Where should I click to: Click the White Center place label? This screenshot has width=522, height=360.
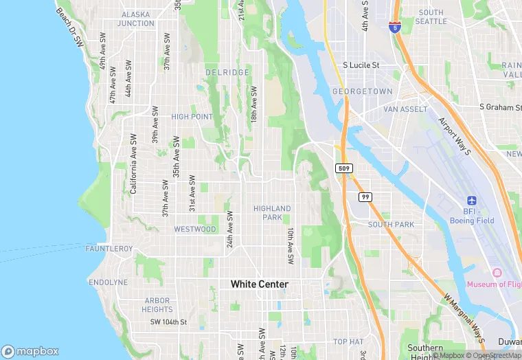click(x=260, y=284)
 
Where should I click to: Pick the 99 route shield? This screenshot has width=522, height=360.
click(x=365, y=197)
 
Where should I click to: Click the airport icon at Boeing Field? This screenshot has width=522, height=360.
click(x=471, y=200)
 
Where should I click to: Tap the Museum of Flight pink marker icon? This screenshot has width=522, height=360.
click(x=495, y=273)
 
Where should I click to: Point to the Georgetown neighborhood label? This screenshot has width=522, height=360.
click(x=362, y=91)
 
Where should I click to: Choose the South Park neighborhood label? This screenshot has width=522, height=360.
click(x=391, y=225)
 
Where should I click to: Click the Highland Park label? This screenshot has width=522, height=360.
click(x=272, y=212)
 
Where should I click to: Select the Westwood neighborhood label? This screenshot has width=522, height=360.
click(x=195, y=229)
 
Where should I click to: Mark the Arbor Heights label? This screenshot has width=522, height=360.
click(x=157, y=305)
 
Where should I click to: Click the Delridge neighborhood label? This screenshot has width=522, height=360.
click(x=227, y=72)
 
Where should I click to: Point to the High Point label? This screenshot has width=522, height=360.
click(x=192, y=117)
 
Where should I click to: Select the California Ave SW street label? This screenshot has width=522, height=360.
click(x=133, y=163)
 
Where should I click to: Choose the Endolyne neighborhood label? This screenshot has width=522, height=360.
click(x=108, y=282)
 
